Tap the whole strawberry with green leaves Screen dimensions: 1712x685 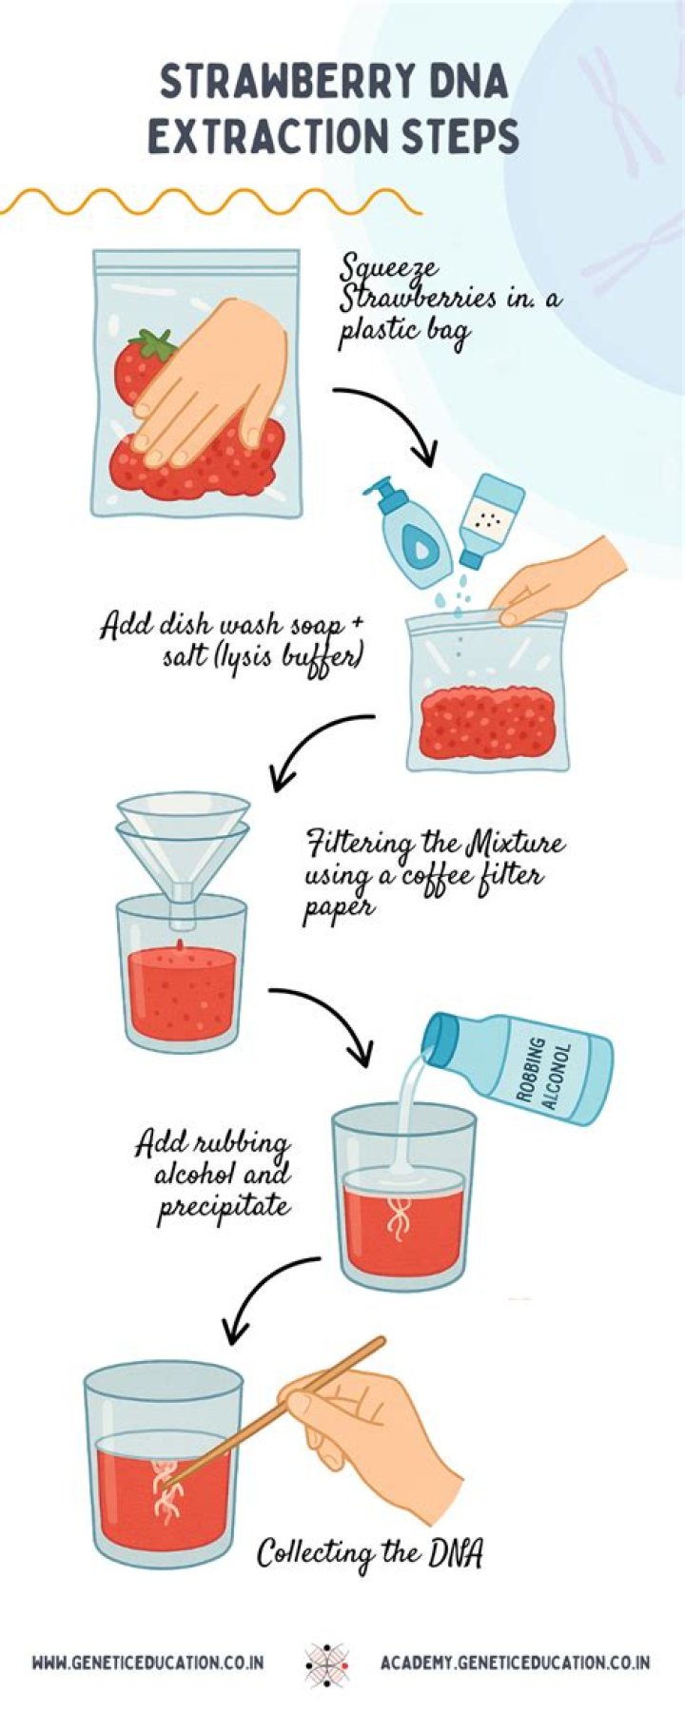[x=140, y=366]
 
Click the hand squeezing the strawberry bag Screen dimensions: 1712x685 [x=214, y=380]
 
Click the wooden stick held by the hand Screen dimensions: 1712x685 [x=285, y=1408]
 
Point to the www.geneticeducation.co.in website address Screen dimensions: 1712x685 [x=147, y=1663]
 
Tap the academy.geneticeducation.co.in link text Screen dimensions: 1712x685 [x=515, y=1663]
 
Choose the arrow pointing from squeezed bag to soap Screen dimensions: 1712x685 [x=390, y=418]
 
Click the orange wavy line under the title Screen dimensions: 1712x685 [x=209, y=202]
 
